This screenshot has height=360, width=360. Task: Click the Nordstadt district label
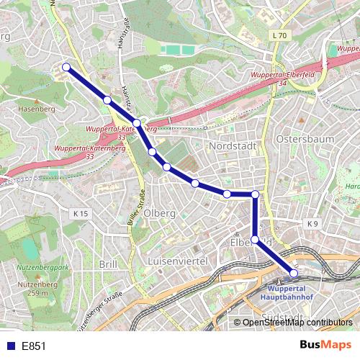232,146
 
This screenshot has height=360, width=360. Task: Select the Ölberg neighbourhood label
160,214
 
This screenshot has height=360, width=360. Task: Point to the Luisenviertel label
177,260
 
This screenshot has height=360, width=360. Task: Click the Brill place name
108,264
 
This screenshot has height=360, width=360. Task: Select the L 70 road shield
279,35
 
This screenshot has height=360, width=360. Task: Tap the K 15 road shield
80,214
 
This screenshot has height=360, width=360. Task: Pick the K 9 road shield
312,224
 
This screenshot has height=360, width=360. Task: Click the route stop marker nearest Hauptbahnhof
294,273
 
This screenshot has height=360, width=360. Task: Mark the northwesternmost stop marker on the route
66,67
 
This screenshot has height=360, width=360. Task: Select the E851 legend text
34,346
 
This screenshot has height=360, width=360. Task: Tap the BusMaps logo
325,346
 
